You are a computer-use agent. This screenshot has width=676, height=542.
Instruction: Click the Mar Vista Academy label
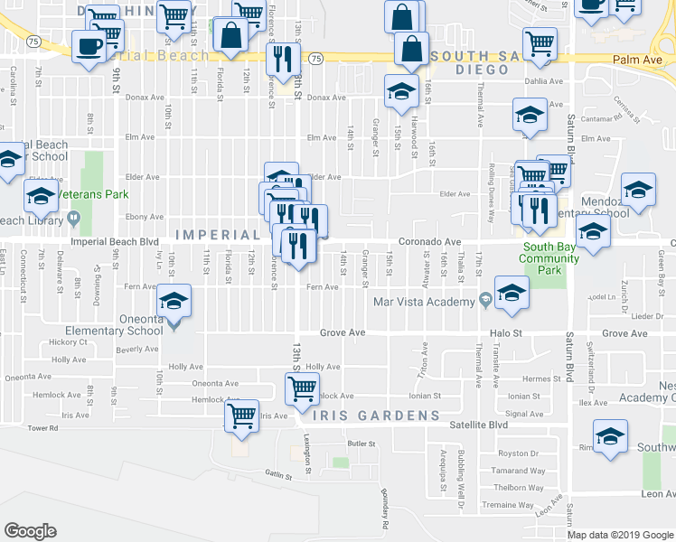coord(425,302)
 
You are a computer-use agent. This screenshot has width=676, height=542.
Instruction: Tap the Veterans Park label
coord(93,194)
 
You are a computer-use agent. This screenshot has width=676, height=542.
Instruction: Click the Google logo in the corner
coord(31,531)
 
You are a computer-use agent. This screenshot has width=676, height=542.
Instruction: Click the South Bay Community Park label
coord(549,258)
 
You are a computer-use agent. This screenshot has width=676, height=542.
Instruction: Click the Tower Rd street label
coord(42,428)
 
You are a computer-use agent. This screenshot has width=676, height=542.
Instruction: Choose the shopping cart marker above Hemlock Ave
coord(301,389)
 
